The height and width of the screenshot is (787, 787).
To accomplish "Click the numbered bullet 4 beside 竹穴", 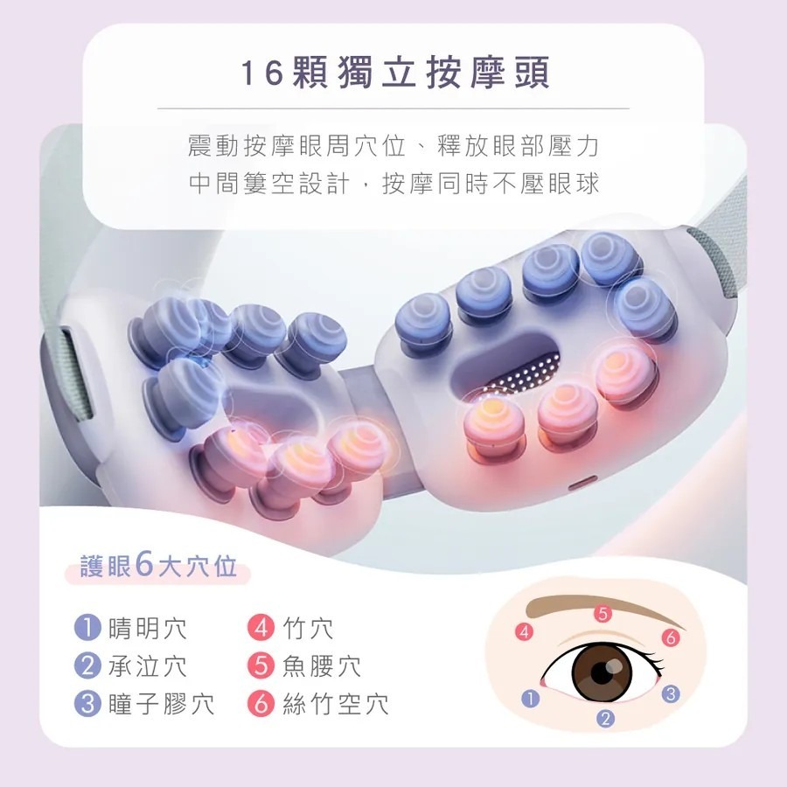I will pyautogui.click(x=261, y=629).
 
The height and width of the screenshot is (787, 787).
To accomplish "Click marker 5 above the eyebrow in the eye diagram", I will pyautogui.click(x=601, y=613).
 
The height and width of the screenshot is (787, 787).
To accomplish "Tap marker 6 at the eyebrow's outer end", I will pyautogui.click(x=671, y=637).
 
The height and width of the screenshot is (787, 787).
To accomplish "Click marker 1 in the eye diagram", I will pyautogui.click(x=528, y=698).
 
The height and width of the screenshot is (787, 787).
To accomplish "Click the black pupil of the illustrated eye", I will pyautogui.click(x=602, y=672).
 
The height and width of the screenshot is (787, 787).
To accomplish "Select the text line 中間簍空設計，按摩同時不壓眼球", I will pyautogui.click(x=393, y=185).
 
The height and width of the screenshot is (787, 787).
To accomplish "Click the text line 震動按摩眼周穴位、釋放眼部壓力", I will pyautogui.click(x=393, y=145).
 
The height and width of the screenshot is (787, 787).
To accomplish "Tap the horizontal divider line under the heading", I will pyautogui.click(x=393, y=108).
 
